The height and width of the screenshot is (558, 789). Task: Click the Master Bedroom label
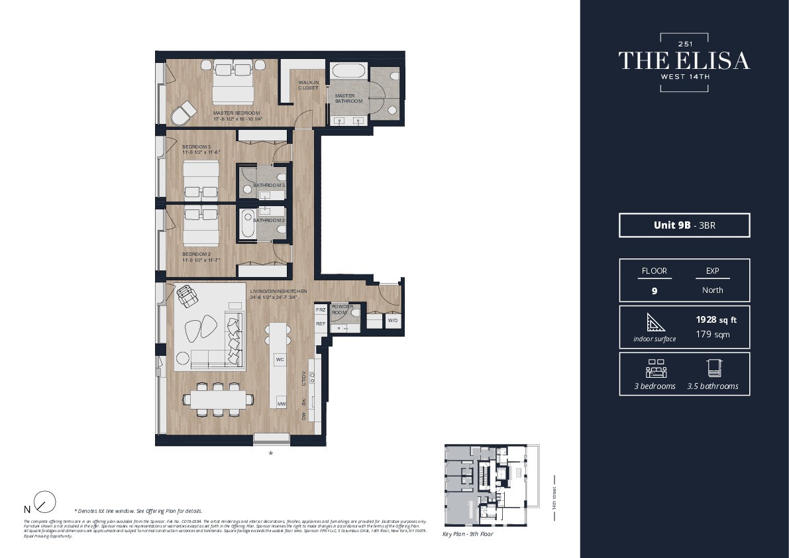[x=237, y=113]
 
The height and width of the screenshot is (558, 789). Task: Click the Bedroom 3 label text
[x=196, y=146]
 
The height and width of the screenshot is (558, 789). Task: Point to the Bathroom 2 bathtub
[x=248, y=223]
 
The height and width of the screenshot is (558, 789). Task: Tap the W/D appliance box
[x=392, y=321]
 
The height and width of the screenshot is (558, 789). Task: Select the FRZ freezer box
[x=321, y=310]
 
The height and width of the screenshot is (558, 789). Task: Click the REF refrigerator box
[x=321, y=324]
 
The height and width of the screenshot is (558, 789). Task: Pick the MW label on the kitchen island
[x=281, y=404]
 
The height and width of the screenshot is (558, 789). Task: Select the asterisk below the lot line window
[x=270, y=455]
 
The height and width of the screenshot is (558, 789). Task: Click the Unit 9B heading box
[x=684, y=225]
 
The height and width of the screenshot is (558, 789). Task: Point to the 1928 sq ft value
[x=715, y=319]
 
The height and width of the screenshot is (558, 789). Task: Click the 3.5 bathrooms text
[x=712, y=386]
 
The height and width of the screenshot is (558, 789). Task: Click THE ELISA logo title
[x=684, y=61]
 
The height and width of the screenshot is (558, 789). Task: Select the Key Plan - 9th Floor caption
[x=468, y=533]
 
